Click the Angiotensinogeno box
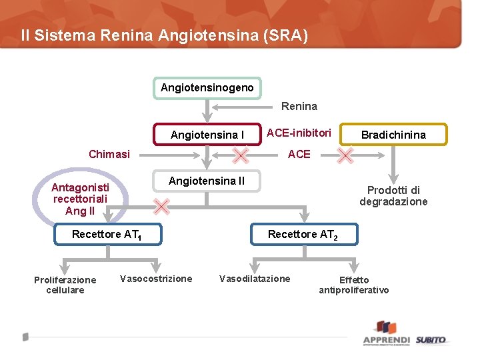[207, 88]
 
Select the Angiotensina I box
[207, 135]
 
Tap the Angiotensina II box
[207, 181]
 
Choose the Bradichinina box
[393, 135]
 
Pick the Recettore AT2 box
[303, 234]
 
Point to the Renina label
[299, 106]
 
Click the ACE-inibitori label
[299, 133]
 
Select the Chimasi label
[109, 154]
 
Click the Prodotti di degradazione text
[393, 196]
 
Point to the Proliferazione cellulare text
[65, 285]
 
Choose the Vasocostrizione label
[156, 279]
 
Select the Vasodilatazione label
[255, 279]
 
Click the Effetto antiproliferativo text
[353, 285]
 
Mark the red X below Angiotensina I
[240, 156]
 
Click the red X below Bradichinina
[345, 156]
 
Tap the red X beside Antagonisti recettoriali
[161, 206]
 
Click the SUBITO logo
[431, 340]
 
